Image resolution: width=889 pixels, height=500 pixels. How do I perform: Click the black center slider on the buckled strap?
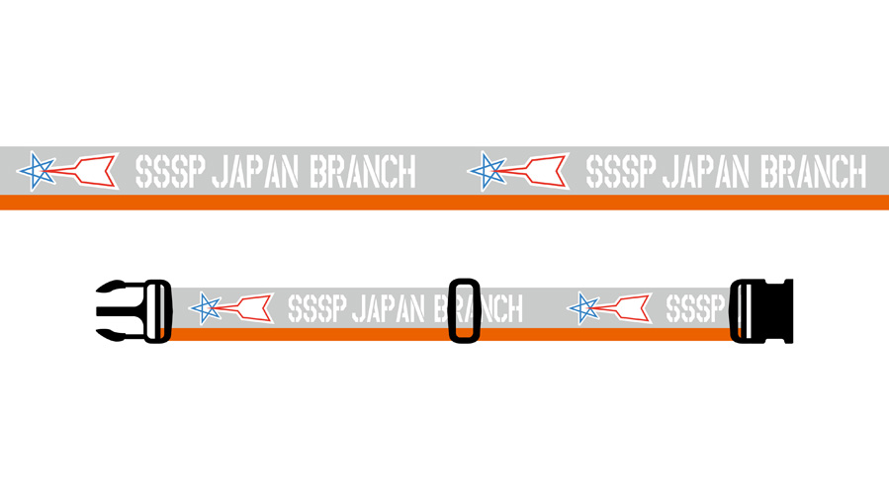[x=465, y=311]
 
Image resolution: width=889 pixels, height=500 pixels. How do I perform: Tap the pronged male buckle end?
[x=133, y=311]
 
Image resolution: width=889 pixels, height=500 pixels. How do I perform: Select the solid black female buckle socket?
[x=760, y=311]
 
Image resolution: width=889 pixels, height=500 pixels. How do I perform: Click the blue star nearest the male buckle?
[x=206, y=308]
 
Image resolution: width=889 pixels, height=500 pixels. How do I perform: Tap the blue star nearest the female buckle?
[x=583, y=308]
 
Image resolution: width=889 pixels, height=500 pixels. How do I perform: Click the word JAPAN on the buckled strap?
[x=389, y=308]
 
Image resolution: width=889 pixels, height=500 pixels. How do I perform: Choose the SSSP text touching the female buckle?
[x=695, y=308]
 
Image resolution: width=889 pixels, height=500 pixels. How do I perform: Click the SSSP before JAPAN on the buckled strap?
[x=316, y=308]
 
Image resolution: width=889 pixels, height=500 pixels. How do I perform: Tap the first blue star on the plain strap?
[x=37, y=171]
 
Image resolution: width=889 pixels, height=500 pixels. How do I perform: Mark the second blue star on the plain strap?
[x=488, y=171]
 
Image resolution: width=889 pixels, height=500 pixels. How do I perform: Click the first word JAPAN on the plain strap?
[x=255, y=172]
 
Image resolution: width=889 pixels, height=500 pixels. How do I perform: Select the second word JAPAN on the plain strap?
[x=706, y=172]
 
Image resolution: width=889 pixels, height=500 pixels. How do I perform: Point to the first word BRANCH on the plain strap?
[x=363, y=172]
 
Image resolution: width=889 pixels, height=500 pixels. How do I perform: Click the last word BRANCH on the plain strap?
[x=814, y=172]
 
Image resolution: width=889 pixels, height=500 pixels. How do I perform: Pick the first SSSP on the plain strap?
[x=170, y=172]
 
